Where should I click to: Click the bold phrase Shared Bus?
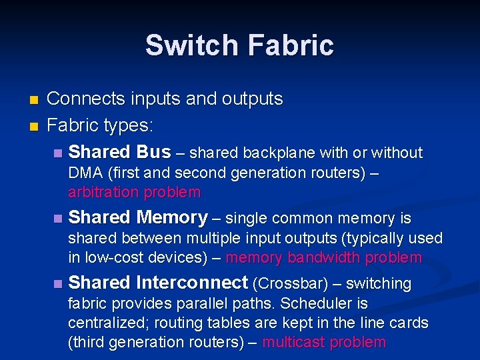pyautogui.click(x=120, y=152)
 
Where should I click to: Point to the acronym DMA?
pyautogui.click(x=85, y=173)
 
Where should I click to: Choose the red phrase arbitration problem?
pyautogui.click(x=134, y=193)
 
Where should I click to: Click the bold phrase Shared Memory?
pyautogui.click(x=138, y=217)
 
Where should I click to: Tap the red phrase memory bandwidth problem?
pyautogui.click(x=324, y=257)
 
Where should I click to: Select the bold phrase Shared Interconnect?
pyautogui.click(x=158, y=283)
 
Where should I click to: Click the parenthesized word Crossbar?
pyautogui.click(x=290, y=283)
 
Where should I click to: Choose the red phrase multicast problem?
pyautogui.click(x=324, y=342)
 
